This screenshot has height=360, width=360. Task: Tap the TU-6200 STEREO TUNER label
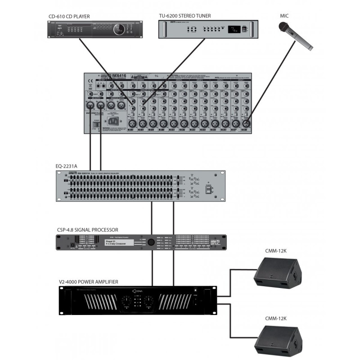[x=185, y=16]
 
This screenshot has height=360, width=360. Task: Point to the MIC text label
[x=284, y=16]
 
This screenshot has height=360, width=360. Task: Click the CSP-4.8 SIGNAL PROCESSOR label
[x=87, y=229]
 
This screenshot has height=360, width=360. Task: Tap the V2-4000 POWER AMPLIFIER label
[x=88, y=282]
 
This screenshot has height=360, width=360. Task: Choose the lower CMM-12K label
[x=275, y=318]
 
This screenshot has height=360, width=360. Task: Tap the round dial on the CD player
[x=118, y=30]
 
